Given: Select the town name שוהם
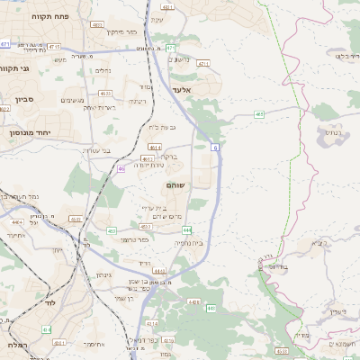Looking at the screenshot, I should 176,184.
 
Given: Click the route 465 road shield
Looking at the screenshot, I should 259,114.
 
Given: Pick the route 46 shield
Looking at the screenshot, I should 121,167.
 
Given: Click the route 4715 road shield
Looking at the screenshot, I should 55,47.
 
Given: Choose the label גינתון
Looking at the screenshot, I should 104,274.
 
